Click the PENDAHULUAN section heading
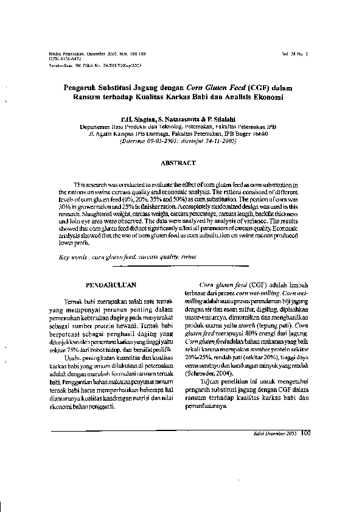click(111, 284)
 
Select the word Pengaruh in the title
click(86, 88)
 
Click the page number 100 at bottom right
click(305, 433)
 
